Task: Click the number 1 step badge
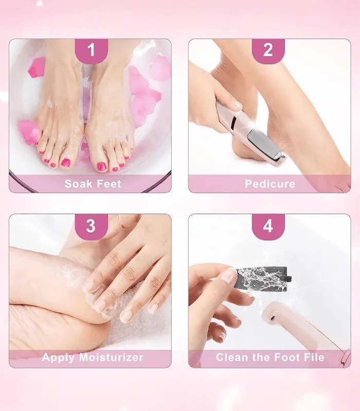pos(92,51)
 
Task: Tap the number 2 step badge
pos(268,51)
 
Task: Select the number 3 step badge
pos(92,226)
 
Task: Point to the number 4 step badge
pos(268,226)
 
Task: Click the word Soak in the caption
pos(78,184)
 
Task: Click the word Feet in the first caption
pos(109,184)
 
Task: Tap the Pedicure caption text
pos(270,184)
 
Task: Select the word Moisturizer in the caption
pos(111,357)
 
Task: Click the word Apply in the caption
pos(58,358)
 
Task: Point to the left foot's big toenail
pos(66,163)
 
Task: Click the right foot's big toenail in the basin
pos(101,166)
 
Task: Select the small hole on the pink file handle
pos(273,318)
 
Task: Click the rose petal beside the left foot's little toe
pos(29,132)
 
